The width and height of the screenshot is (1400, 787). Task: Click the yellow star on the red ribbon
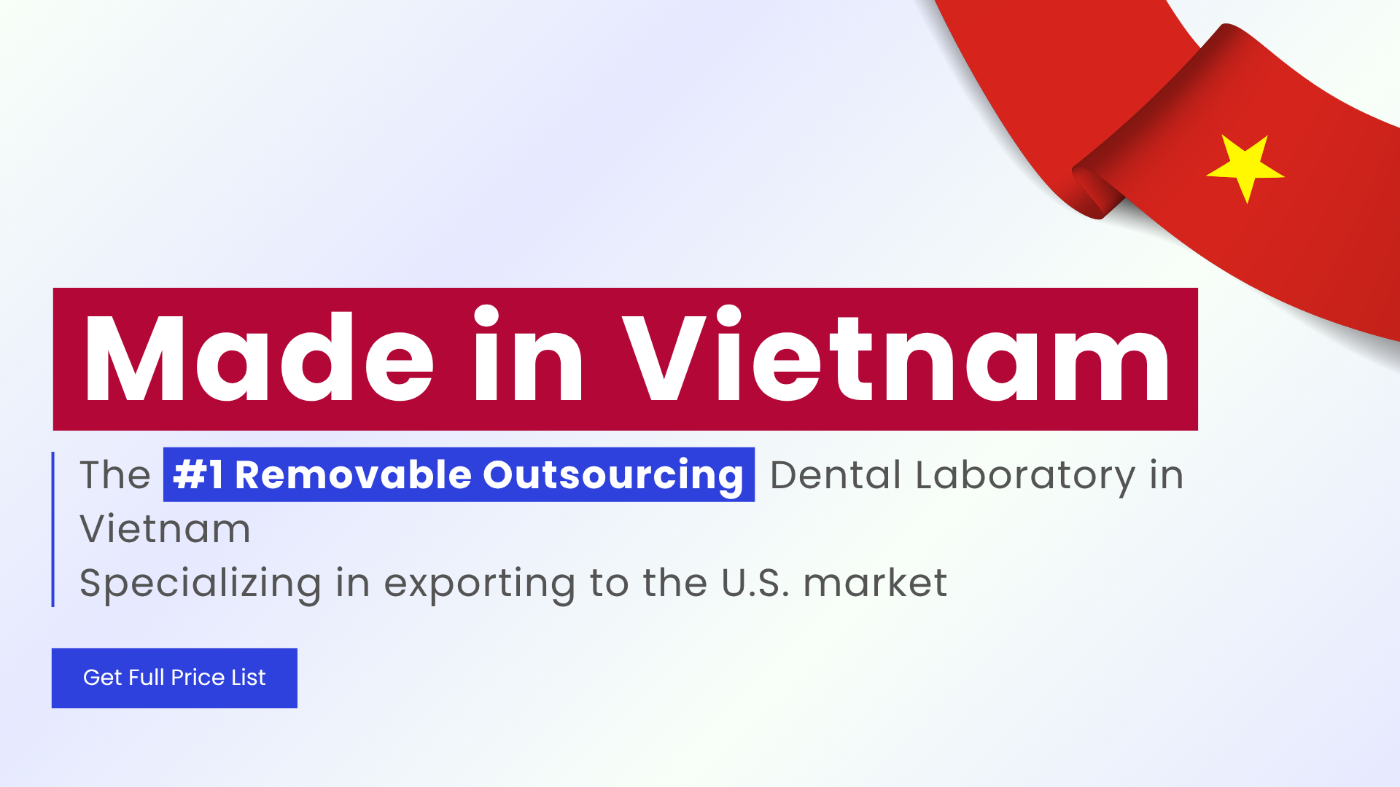pyautogui.click(x=1245, y=167)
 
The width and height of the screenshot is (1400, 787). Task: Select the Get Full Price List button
pyautogui.click(x=174, y=678)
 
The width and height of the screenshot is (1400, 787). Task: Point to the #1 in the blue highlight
pyautogui.click(x=198, y=475)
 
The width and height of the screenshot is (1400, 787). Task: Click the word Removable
pyautogui.click(x=354, y=475)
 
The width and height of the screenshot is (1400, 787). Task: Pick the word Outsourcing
pyautogui.click(x=612, y=475)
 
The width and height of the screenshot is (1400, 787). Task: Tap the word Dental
pyautogui.click(x=836, y=475)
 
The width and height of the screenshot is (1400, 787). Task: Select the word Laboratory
pyautogui.click(x=1025, y=475)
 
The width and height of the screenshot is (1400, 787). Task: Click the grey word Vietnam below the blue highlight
pyautogui.click(x=165, y=529)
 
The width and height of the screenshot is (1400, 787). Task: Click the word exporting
pyautogui.click(x=481, y=583)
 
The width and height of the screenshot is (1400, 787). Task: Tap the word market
pyautogui.click(x=875, y=583)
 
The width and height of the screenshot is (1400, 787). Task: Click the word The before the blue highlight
pyautogui.click(x=114, y=475)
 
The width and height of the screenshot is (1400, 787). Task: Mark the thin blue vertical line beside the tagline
pyautogui.click(x=53, y=529)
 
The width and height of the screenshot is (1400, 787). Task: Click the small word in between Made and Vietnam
pyautogui.click(x=528, y=357)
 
